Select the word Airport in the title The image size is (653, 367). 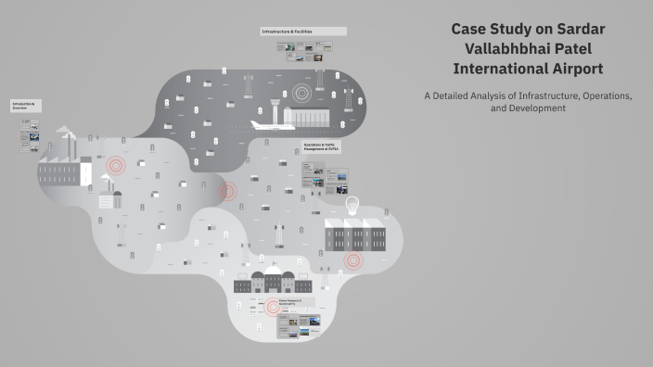coord(572,68)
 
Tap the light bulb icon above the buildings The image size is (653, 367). coord(352,204)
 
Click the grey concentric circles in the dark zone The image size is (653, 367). coord(301,94)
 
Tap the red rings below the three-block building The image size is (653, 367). coord(353,260)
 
